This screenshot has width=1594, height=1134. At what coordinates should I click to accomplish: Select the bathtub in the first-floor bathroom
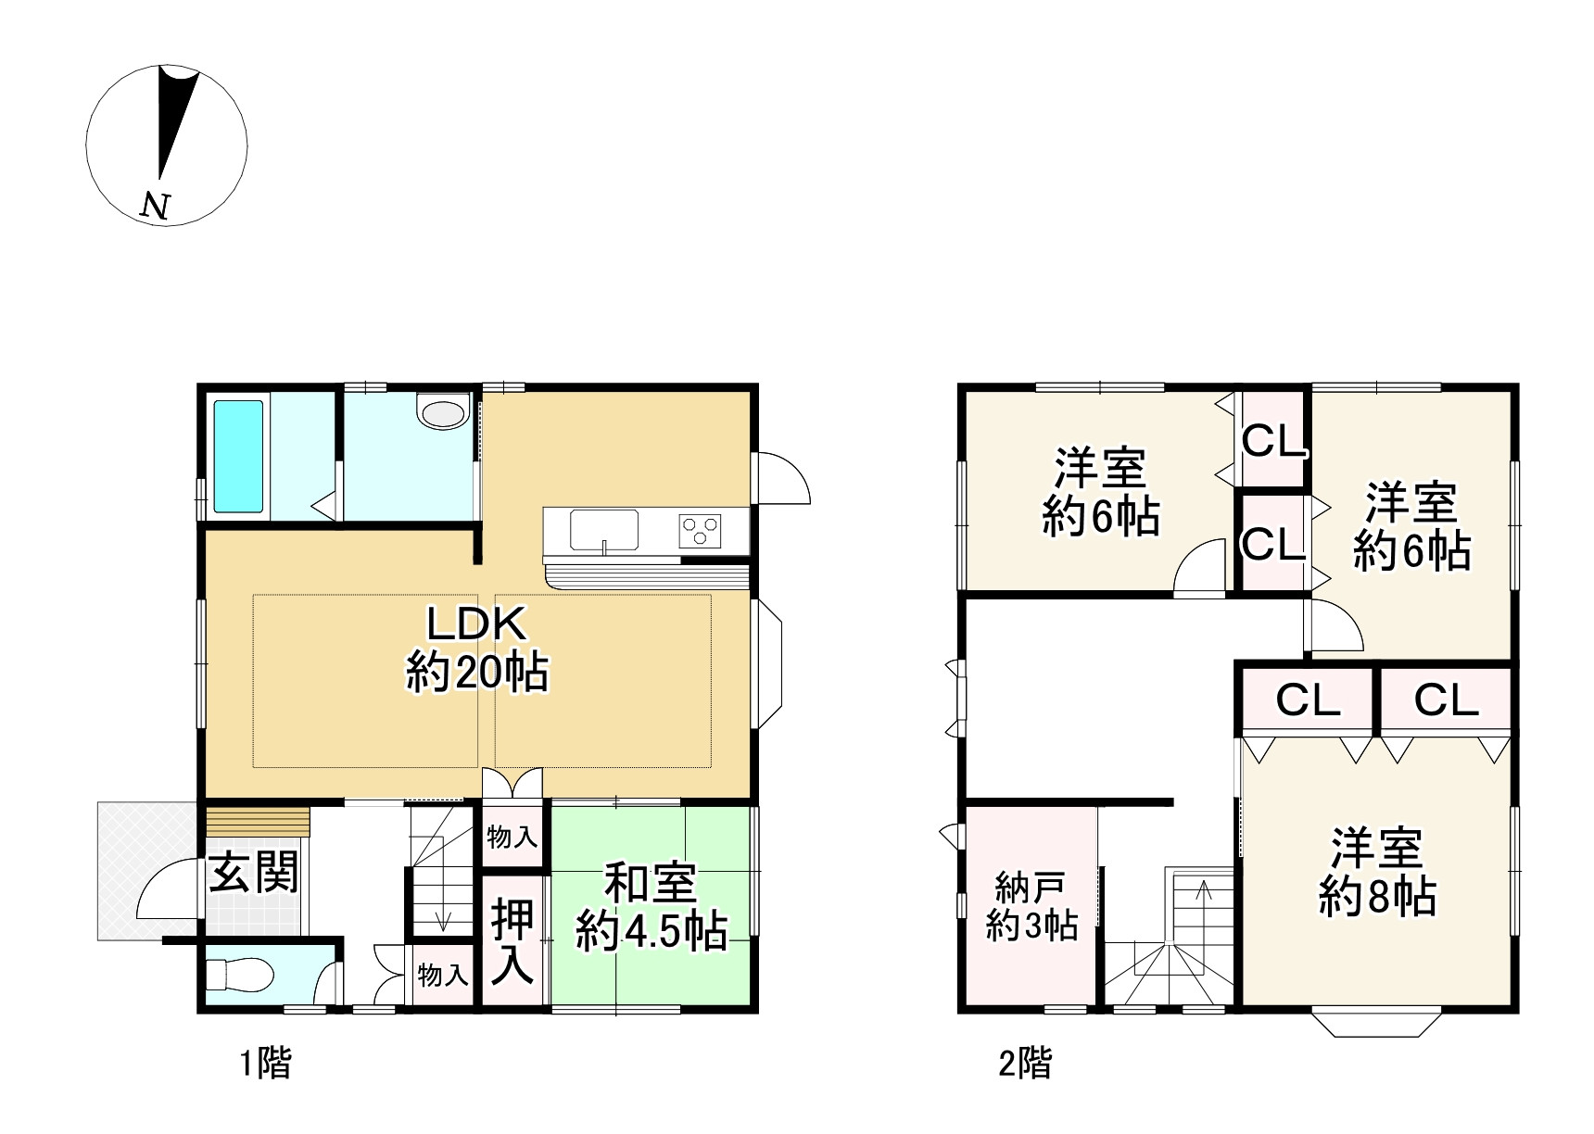239,456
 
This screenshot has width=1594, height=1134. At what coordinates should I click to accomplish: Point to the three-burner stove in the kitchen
700,531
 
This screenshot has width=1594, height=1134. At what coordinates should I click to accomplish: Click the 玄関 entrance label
253,873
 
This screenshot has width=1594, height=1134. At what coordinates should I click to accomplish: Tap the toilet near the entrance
238,975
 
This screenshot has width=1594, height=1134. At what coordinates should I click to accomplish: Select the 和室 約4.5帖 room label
652,908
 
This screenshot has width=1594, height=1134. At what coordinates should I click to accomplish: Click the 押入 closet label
512,940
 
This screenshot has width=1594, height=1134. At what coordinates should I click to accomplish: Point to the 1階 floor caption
266,1064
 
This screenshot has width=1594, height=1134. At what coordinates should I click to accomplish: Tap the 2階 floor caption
1026,1064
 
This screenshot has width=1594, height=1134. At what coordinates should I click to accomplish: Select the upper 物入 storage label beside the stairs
512,838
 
